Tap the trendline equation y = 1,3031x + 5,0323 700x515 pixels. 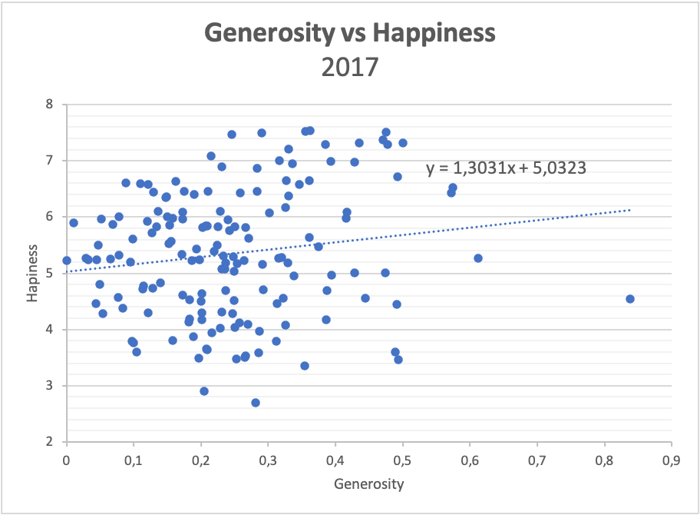(x=507, y=168)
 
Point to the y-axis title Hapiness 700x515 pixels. (x=32, y=273)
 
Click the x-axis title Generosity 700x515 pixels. (x=368, y=484)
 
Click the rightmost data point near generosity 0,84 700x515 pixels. (x=630, y=299)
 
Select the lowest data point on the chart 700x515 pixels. (x=256, y=403)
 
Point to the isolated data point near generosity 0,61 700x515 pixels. (x=477, y=258)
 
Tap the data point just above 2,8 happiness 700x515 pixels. (x=204, y=391)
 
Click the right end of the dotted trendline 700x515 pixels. (x=629, y=210)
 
